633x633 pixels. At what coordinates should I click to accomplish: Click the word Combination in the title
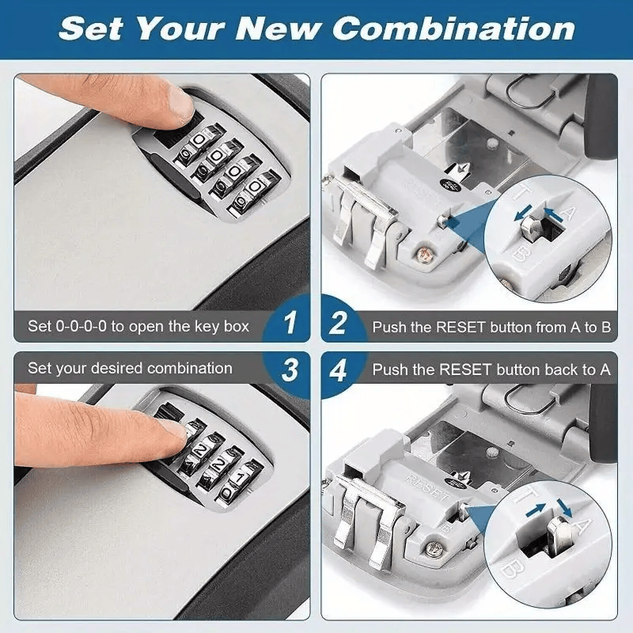pos(453,29)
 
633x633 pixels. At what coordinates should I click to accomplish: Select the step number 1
pos(290,323)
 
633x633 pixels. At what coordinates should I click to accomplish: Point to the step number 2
pos(340,324)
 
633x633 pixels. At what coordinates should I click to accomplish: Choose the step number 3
pos(290,370)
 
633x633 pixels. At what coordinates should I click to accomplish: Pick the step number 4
pos(340,370)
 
